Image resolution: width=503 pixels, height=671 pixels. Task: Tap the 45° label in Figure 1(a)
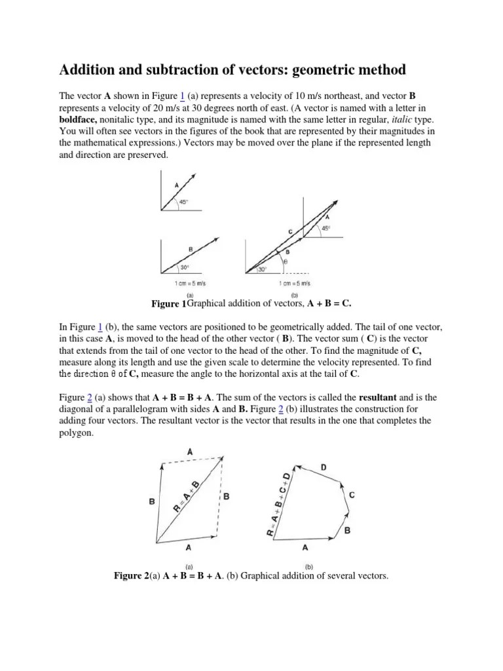coord(185,201)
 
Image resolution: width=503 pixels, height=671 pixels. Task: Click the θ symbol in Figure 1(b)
coord(285,260)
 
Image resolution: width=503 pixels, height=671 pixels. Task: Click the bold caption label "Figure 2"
coord(131,576)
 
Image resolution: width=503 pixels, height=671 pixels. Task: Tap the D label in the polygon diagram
coord(322,467)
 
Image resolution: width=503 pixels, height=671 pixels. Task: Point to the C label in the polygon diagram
coord(352,495)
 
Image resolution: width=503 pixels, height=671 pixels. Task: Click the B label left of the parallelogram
coord(151,502)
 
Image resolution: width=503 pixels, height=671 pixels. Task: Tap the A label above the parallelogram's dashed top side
coord(190,451)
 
